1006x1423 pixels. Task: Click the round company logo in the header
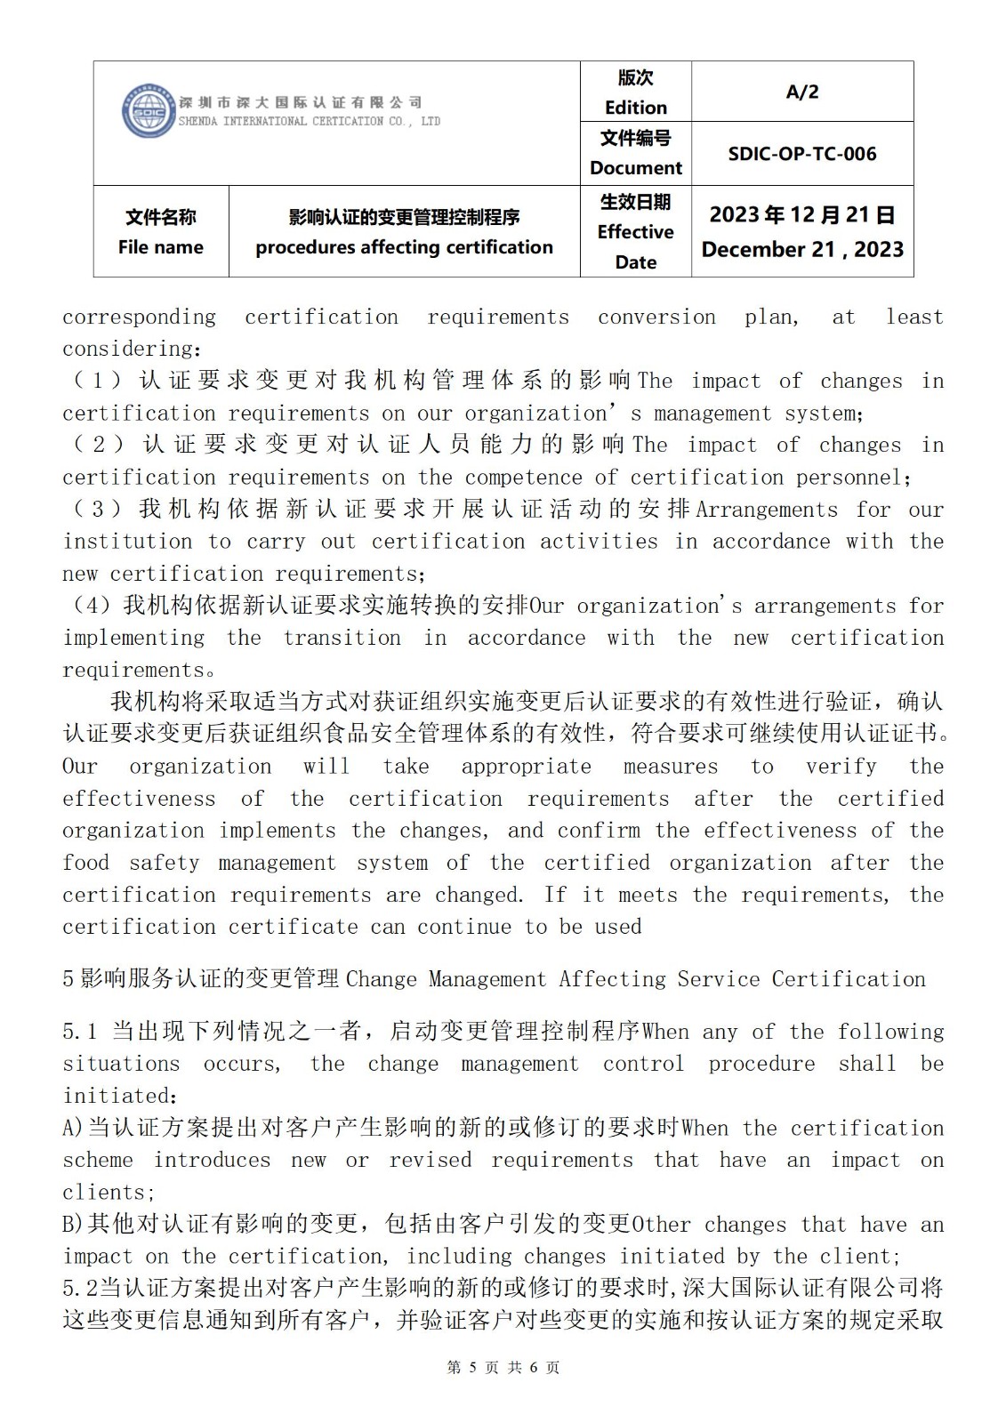[149, 112]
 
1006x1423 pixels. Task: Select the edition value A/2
[801, 92]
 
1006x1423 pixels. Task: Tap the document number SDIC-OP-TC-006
[801, 154]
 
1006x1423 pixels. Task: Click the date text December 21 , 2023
[801, 249]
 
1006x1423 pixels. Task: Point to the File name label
[160, 247]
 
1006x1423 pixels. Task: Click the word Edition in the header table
[635, 108]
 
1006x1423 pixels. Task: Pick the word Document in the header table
[635, 168]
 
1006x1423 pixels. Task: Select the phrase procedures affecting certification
[404, 247]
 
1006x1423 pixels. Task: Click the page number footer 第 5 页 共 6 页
[503, 1367]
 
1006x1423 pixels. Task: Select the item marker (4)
[91, 606]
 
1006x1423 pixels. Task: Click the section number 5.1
[79, 1032]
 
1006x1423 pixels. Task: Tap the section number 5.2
[80, 1288]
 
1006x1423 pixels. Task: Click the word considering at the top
[129, 349]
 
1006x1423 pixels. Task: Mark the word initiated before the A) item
[117, 1096]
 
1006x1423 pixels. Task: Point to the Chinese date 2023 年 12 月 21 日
[801, 215]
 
